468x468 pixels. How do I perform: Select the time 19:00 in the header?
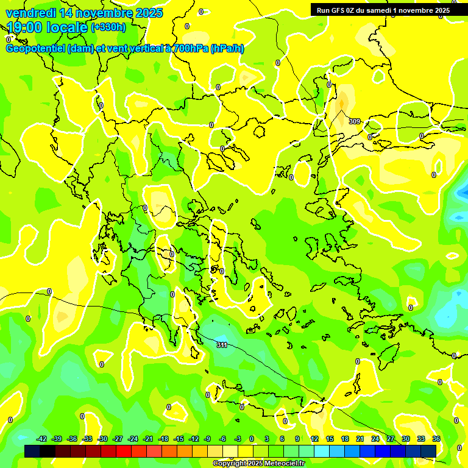pos(29,27)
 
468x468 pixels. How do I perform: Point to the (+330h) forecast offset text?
pos(108,27)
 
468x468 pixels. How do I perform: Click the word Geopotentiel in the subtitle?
pos(36,49)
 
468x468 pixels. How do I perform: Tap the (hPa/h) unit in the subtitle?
pos(227,49)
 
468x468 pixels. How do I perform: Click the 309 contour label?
pos(354,121)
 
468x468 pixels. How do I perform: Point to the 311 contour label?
pos(222,345)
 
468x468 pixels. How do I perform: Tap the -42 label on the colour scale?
pos(41,439)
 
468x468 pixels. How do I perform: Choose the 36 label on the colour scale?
pos(436,439)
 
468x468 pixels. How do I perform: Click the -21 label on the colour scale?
pos(148,439)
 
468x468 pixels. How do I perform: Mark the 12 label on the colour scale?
pos(314,439)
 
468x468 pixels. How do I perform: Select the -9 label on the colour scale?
pos(208,439)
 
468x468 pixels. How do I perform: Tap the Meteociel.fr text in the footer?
pos(282,463)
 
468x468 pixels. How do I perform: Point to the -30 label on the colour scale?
pos(102,439)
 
